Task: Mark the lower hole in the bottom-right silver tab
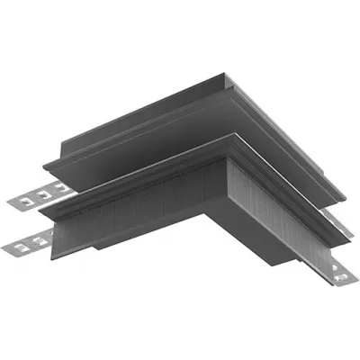pos(342,278)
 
